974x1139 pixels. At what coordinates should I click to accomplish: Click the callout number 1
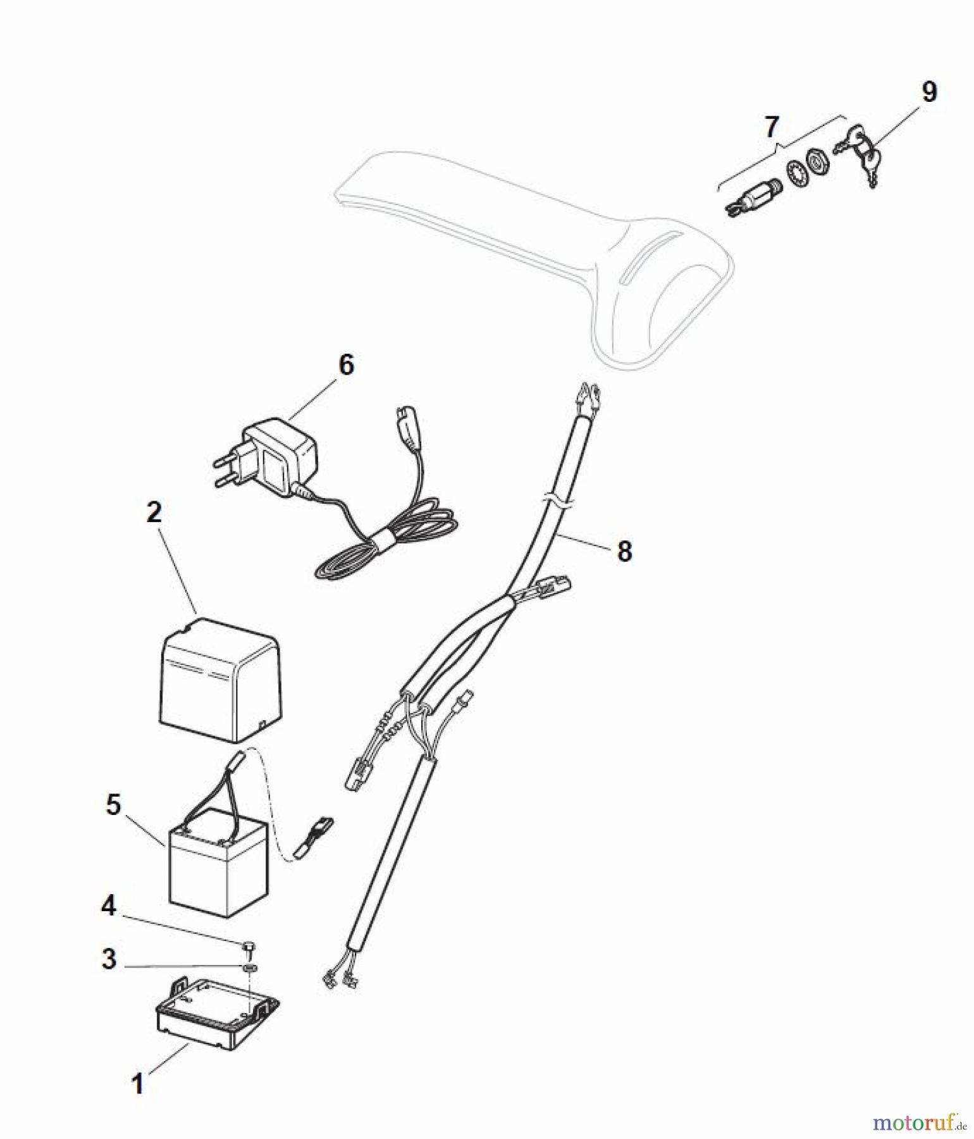click(137, 1083)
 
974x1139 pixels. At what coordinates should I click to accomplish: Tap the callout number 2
click(154, 513)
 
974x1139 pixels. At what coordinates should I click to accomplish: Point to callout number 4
click(109, 907)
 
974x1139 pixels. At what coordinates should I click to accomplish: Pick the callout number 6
click(347, 365)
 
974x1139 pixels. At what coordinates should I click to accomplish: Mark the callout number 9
click(928, 92)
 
